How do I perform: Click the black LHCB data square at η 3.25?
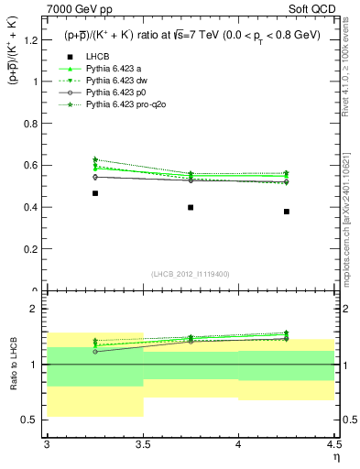pos(95,193)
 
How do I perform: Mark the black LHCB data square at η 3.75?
pos(191,207)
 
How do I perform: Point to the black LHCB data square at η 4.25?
pos(287,212)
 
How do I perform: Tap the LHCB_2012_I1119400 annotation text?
pos(191,274)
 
